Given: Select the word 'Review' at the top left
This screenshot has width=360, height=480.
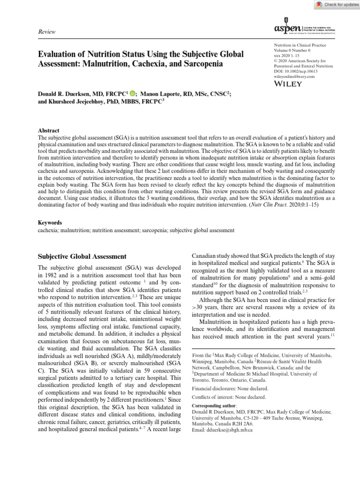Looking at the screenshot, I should [x=46, y=32].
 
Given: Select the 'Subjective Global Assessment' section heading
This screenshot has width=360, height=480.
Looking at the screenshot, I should [x=82, y=256].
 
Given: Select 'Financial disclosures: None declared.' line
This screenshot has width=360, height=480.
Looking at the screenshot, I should [x=230, y=389].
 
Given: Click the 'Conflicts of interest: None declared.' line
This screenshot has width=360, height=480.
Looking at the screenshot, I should [x=229, y=397].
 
